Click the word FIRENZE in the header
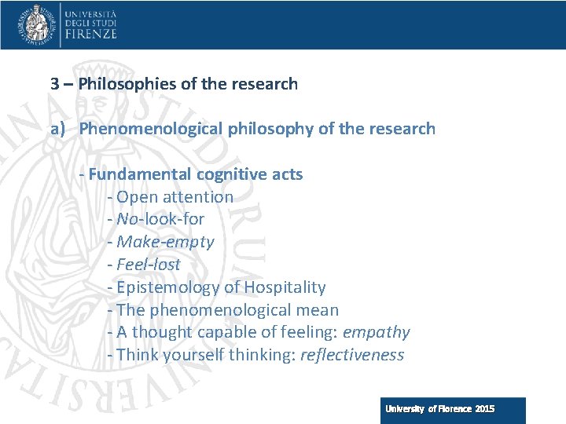(x=91, y=34)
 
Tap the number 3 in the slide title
(x=55, y=83)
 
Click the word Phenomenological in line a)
(x=151, y=129)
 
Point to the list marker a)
(x=58, y=129)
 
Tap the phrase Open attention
(x=175, y=197)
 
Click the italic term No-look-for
(x=160, y=220)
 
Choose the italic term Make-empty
(x=165, y=242)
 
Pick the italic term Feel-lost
(x=149, y=265)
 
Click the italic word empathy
(x=381, y=333)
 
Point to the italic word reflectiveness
(x=352, y=355)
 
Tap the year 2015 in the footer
(x=484, y=409)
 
